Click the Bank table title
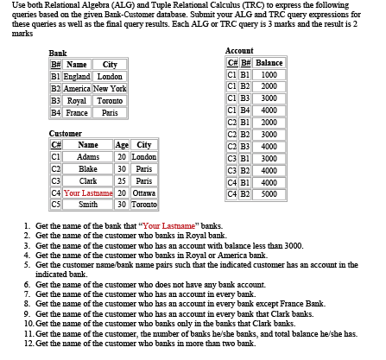(59, 54)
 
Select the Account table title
(238, 52)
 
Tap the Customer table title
(66, 134)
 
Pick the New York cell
(109, 89)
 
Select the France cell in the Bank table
(76, 112)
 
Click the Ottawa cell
(144, 193)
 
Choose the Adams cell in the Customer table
(88, 156)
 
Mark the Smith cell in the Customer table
(88, 205)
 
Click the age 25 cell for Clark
(122, 180)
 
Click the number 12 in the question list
(28, 343)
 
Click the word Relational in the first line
(73, 7)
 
